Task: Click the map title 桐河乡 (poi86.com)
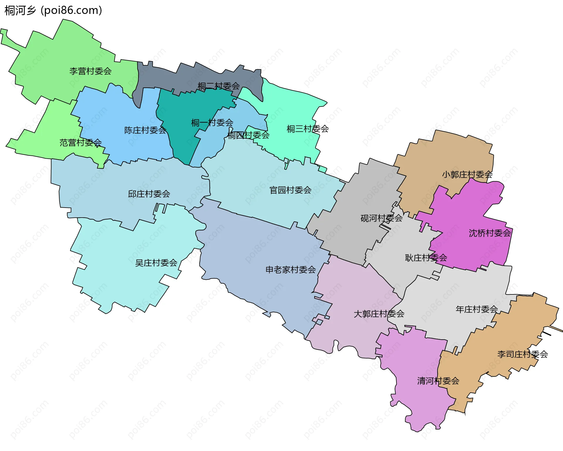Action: coord(53,11)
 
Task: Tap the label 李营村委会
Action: coord(90,71)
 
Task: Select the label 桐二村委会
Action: coord(218,86)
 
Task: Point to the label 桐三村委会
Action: coord(308,129)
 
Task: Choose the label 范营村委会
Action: coord(80,143)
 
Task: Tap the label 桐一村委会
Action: coord(212,123)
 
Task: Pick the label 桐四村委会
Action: coord(248,135)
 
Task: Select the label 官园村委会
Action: coord(290,190)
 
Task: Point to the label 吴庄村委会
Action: coord(156,263)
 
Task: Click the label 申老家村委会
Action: coord(290,270)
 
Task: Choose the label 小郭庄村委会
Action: coord(467,175)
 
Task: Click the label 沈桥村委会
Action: coord(490,233)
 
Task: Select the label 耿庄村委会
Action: coord(426,258)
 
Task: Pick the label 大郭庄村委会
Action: coord(379,314)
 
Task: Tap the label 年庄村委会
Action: coord(476,309)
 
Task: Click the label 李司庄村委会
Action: coord(522,355)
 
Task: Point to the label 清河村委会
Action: coord(438,381)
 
